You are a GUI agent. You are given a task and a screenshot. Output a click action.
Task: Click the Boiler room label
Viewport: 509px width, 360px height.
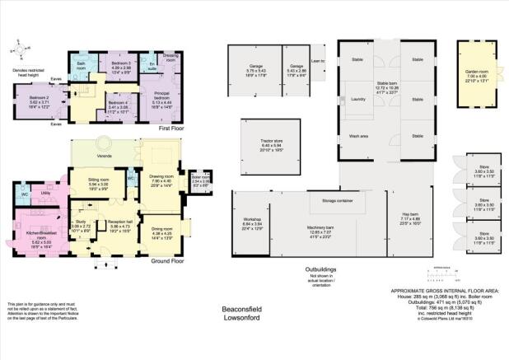tap(201, 176)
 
